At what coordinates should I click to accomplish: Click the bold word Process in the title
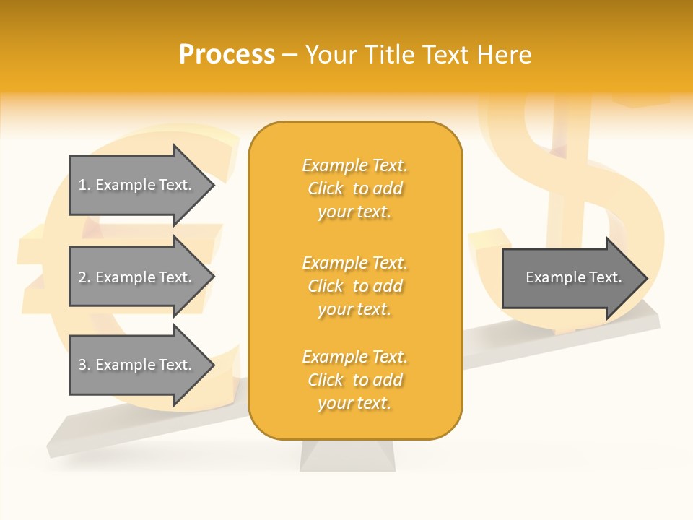point(227,55)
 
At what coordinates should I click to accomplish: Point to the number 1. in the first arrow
point(84,185)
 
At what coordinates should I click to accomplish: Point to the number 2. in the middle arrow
point(84,277)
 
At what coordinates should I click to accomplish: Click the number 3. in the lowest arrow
point(84,365)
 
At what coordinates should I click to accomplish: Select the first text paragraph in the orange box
point(355,188)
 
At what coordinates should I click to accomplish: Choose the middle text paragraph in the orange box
point(355,286)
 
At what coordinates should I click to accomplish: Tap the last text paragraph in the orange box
point(355,380)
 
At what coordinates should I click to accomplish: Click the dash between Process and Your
point(290,55)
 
